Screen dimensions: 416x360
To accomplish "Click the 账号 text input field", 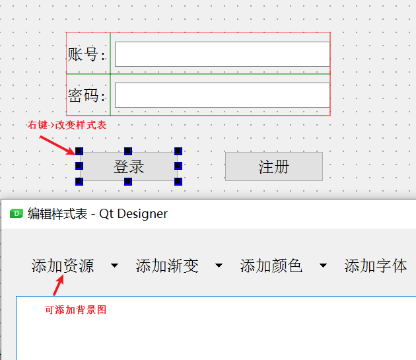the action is click(222, 54).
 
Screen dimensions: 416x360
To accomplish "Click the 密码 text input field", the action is click(222, 95).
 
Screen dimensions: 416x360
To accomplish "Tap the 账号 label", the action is click(86, 54).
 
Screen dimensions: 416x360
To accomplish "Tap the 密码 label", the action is click(86, 96).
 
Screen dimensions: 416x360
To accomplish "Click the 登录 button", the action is click(129, 166).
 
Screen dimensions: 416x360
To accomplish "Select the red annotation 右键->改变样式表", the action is click(66, 125).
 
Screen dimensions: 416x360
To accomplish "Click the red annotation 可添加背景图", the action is click(75, 309).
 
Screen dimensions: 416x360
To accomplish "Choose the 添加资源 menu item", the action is click(63, 266).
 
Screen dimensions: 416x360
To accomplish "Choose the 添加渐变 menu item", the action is click(167, 266).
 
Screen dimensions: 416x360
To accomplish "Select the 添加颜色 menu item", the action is click(271, 266).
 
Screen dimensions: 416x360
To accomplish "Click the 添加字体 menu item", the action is click(376, 266).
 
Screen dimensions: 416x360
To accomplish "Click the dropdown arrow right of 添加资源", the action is click(115, 266).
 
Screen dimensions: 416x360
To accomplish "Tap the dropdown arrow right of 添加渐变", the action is click(219, 266).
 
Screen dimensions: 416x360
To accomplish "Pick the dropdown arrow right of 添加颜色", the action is click(323, 266).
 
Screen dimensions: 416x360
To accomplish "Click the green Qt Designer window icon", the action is click(17, 213).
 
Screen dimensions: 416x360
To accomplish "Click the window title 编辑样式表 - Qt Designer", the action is click(98, 213).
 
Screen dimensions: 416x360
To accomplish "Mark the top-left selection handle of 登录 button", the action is click(79, 151).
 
